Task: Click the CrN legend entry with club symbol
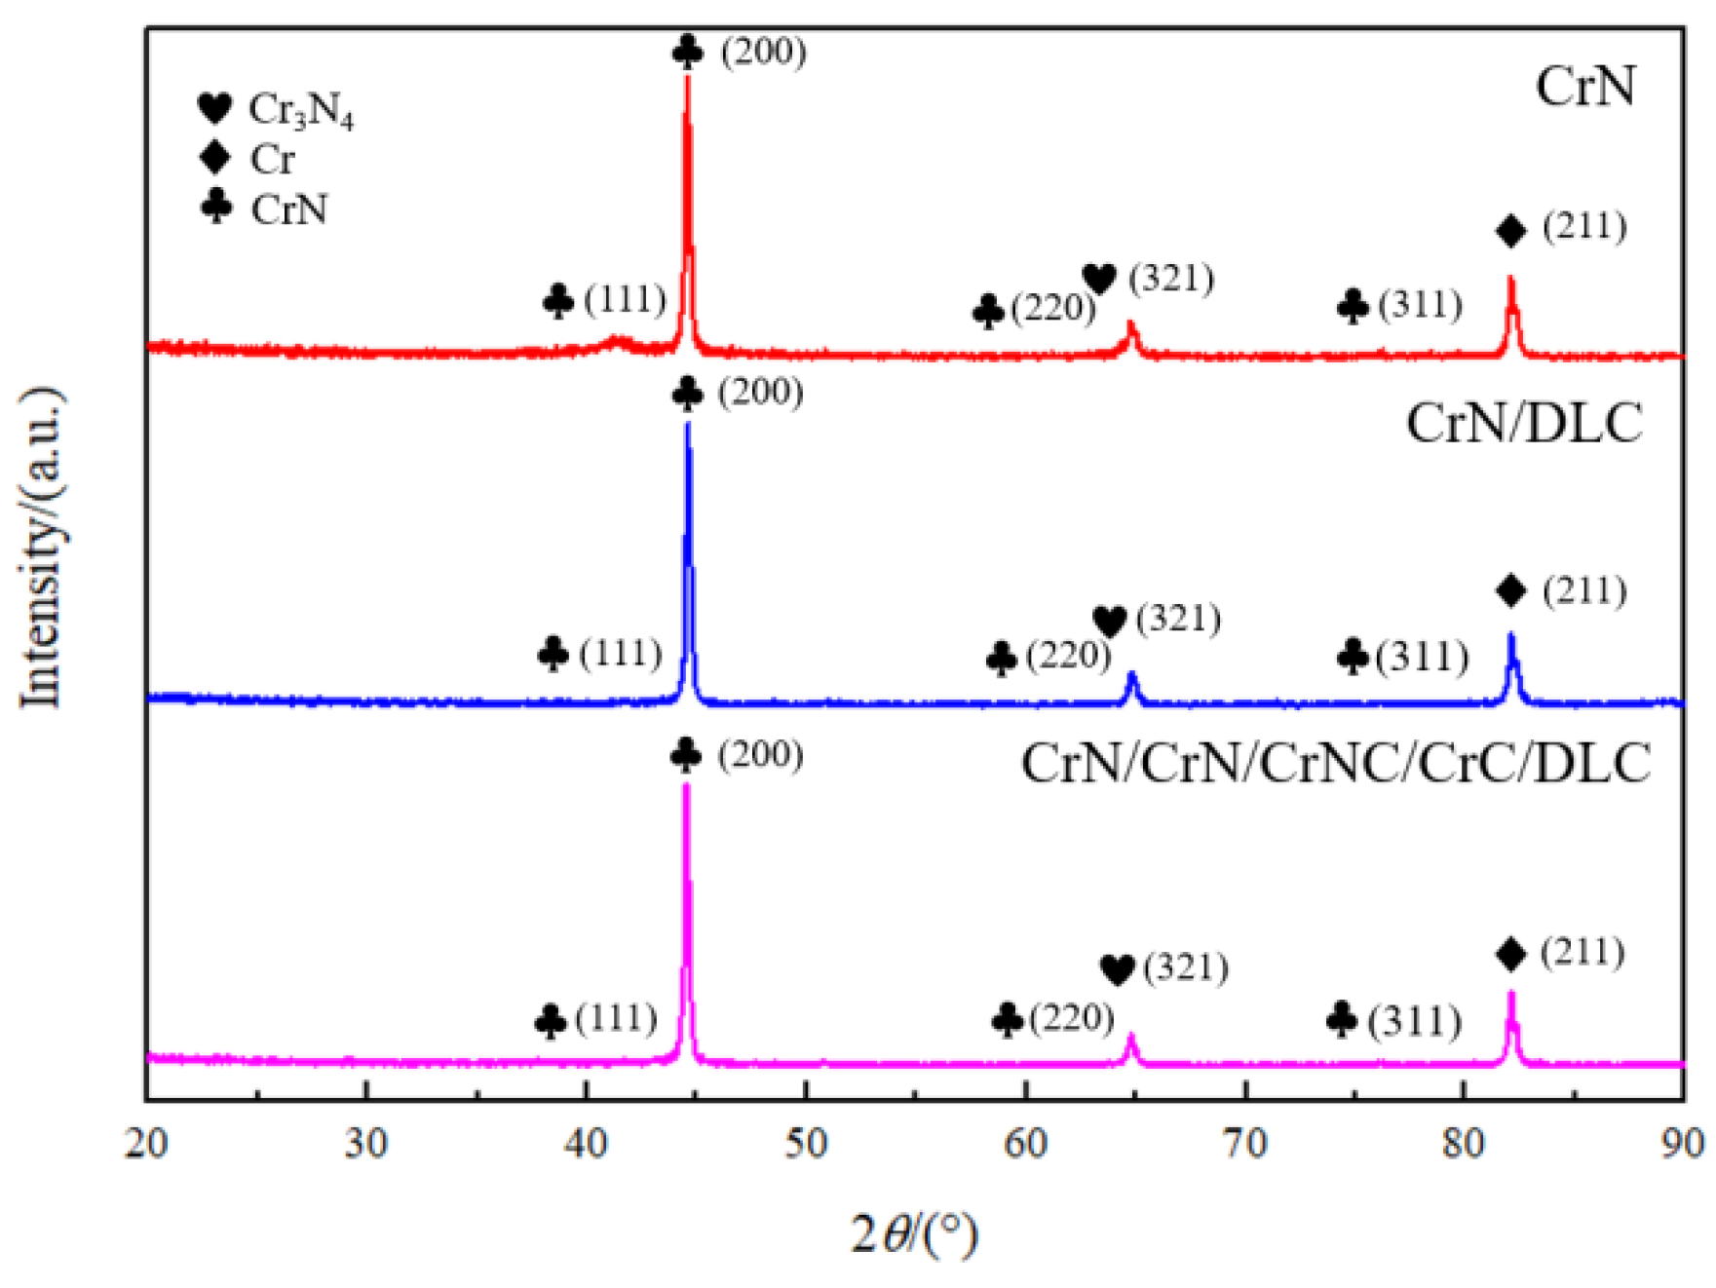click(265, 208)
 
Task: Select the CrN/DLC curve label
click(1523, 424)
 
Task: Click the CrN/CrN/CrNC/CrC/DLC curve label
click(1335, 763)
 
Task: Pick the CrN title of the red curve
click(1585, 86)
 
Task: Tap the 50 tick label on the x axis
click(806, 1143)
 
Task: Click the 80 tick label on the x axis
click(1464, 1143)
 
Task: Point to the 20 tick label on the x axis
click(147, 1143)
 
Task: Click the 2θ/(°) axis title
click(913, 1234)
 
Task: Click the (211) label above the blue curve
click(1584, 590)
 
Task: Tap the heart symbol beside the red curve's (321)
click(1099, 279)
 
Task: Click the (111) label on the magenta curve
click(616, 1019)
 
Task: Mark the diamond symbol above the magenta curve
click(1510, 955)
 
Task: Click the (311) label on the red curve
click(1420, 305)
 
